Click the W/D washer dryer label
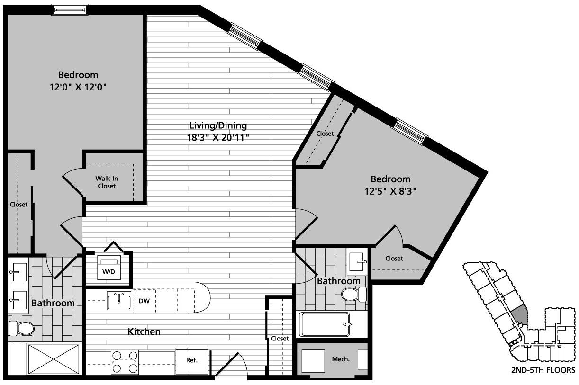click(109, 271)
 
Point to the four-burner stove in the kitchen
click(125, 362)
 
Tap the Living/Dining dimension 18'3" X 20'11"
click(218, 138)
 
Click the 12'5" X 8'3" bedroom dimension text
click(390, 191)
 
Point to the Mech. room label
click(341, 359)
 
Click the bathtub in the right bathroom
click(325, 324)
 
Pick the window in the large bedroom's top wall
click(70, 10)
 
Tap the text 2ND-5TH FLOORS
click(543, 370)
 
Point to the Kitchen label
click(144, 331)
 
